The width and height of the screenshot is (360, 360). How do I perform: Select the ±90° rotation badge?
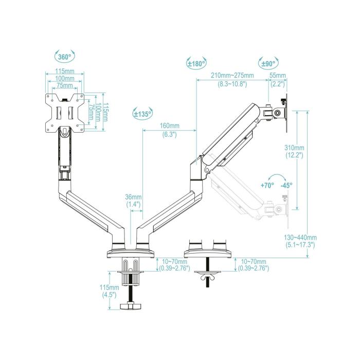[x=268, y=64]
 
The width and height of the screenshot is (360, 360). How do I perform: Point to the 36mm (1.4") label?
[x=133, y=201]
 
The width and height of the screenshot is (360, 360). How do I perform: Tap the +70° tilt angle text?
[x=267, y=185]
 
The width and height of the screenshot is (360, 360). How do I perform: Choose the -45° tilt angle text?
[x=286, y=185]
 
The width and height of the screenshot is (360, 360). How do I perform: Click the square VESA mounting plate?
[x=64, y=111]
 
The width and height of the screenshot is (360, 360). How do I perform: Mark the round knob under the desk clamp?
[x=131, y=307]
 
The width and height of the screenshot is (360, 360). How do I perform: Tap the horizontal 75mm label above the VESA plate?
[x=64, y=85]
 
